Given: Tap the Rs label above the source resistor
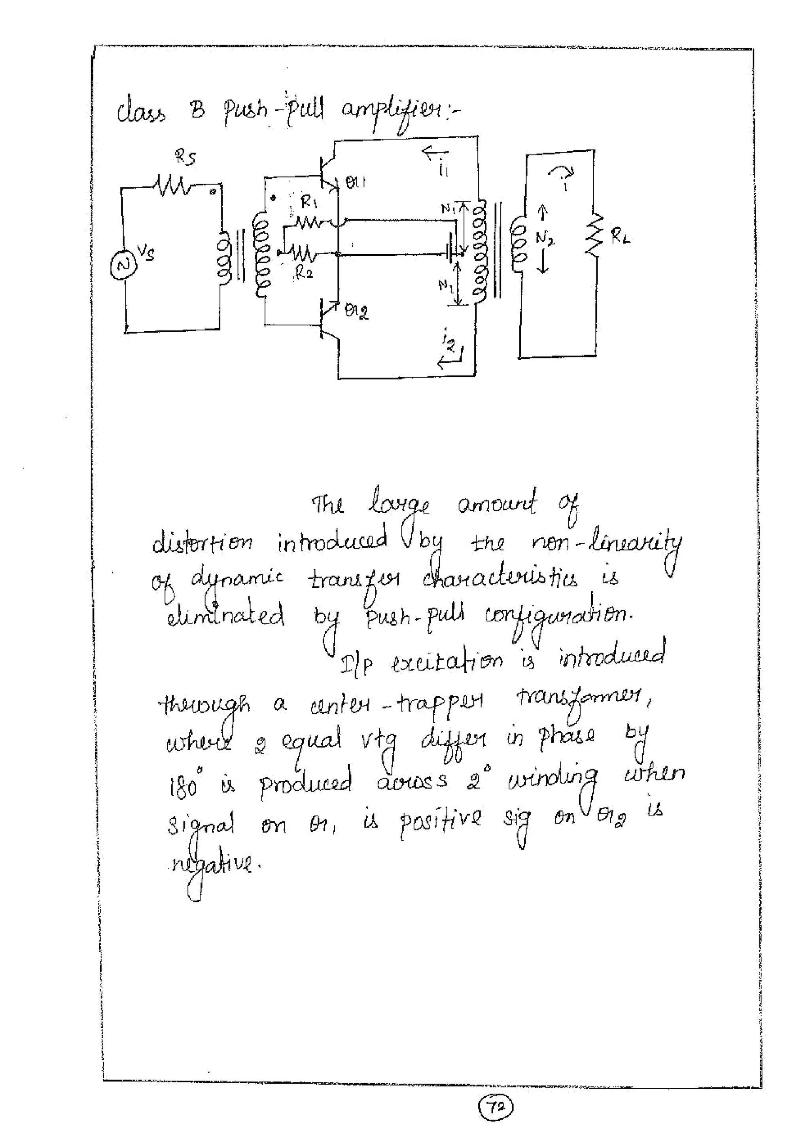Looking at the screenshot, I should click(x=185, y=158).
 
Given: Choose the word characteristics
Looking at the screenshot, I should click(x=500, y=580).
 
